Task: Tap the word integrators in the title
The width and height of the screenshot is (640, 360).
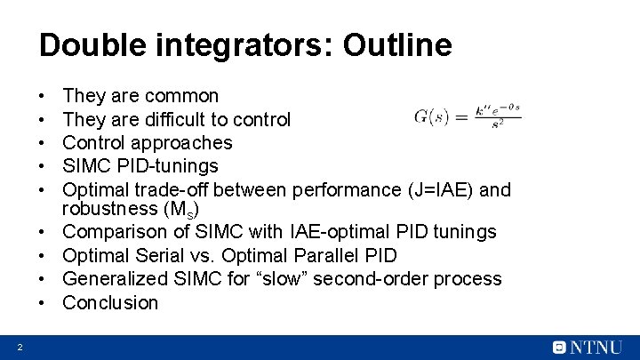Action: [234, 44]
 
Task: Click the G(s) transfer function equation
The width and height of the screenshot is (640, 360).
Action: [467, 116]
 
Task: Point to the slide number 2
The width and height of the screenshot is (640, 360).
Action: [19, 347]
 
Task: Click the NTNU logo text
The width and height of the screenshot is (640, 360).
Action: [599, 348]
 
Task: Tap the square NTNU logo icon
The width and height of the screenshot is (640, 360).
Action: [559, 348]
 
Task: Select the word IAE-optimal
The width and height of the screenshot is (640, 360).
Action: [338, 232]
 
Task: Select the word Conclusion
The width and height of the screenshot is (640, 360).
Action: [110, 303]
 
